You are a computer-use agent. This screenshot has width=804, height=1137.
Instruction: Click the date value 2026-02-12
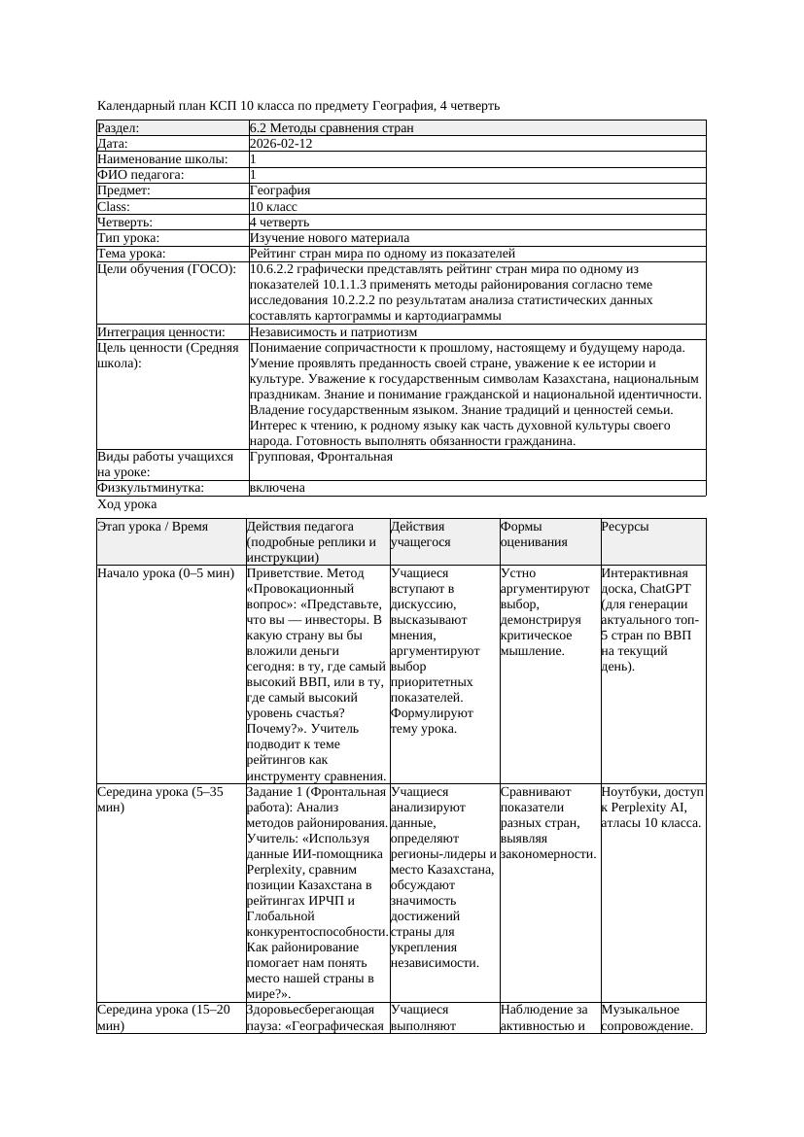(x=281, y=143)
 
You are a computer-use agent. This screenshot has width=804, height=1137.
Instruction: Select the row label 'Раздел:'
(x=119, y=127)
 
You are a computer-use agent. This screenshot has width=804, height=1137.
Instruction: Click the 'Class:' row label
(x=115, y=206)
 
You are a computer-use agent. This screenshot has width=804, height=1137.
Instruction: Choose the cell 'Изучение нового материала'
(x=330, y=237)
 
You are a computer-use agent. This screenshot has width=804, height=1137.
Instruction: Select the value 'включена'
(x=277, y=488)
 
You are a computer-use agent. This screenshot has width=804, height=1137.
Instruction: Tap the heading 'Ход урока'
(x=127, y=504)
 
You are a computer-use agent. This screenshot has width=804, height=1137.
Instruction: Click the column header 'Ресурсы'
(x=625, y=527)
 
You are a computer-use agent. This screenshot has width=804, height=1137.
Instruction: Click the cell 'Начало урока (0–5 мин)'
(x=166, y=573)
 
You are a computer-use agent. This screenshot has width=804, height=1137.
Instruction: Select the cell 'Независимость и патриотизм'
(x=333, y=331)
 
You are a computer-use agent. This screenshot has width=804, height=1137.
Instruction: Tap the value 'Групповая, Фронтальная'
(x=321, y=456)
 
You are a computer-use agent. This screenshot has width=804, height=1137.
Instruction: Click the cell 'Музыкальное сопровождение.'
(x=650, y=1017)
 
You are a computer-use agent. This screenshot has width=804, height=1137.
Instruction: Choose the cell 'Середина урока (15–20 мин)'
(x=166, y=1017)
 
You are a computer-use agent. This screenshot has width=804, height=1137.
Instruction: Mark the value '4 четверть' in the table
(x=279, y=222)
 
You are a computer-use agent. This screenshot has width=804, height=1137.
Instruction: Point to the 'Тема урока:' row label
(x=131, y=253)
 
